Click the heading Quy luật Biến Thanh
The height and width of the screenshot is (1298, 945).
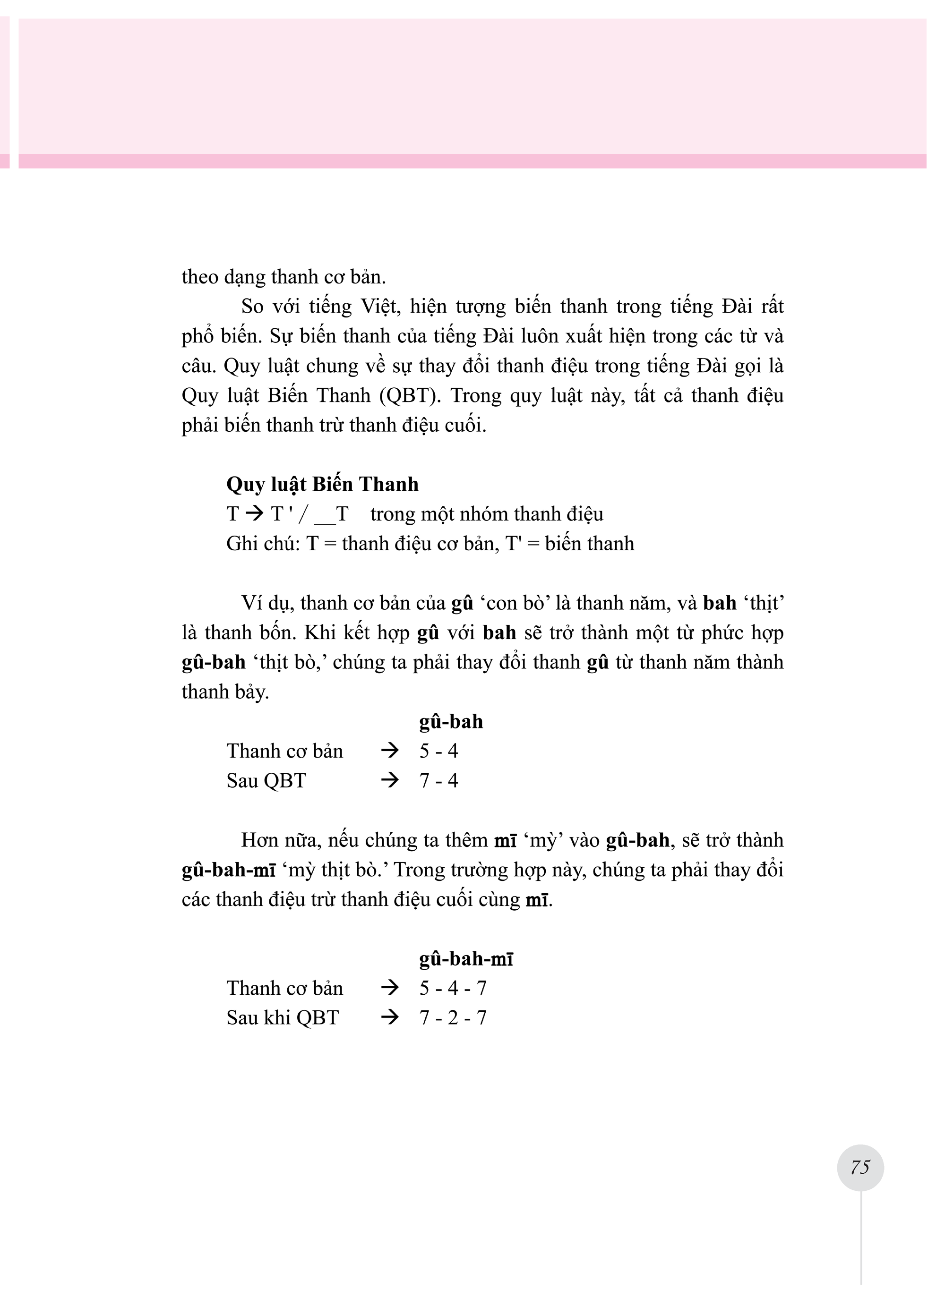[x=322, y=484]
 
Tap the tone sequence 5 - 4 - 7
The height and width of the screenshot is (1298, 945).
[x=453, y=988]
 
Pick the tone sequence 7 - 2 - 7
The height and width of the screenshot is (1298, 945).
[x=453, y=1017]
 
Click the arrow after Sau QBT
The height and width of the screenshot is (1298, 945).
[x=390, y=780]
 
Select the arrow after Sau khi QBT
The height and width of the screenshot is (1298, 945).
[x=390, y=1017]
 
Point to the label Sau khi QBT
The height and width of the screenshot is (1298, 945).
[x=283, y=1017]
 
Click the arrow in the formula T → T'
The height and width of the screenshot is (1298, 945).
[x=254, y=513]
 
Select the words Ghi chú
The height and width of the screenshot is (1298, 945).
[x=263, y=543]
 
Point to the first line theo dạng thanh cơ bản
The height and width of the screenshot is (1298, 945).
[x=284, y=276]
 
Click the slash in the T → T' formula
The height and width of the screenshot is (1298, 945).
[x=303, y=514]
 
